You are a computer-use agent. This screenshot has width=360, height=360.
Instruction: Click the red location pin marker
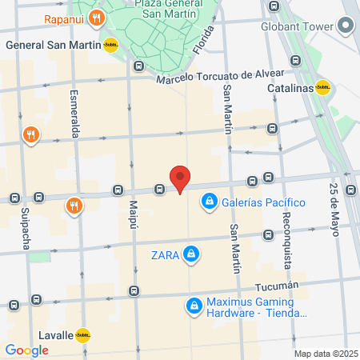(x=180, y=178)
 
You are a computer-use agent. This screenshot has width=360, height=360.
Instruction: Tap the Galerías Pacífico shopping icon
(x=209, y=201)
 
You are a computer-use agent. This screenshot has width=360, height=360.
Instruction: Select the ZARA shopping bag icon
(x=190, y=255)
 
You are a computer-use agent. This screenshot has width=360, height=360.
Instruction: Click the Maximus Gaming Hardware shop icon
(x=194, y=306)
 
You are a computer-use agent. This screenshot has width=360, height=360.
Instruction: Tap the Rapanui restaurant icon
(x=96, y=18)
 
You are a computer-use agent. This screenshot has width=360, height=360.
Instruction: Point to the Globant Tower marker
(x=346, y=26)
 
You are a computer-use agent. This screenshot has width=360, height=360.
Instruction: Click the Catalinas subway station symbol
(x=323, y=88)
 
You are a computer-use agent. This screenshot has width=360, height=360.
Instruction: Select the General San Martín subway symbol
(x=111, y=46)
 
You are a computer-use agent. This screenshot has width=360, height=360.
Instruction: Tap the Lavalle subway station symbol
(x=82, y=336)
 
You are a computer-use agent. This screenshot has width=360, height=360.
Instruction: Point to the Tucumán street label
(x=277, y=286)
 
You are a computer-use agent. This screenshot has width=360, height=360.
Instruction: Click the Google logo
(x=26, y=350)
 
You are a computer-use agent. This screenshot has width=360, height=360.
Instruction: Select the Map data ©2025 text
(x=324, y=354)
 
